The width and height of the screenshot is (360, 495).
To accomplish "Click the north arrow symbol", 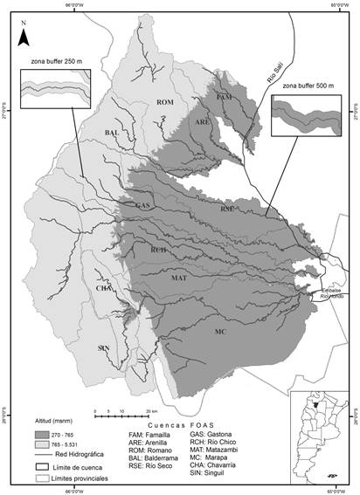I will (x=24, y=34).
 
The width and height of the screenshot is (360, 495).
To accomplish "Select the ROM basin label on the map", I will (x=165, y=104).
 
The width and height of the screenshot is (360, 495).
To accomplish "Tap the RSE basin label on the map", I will (x=226, y=210).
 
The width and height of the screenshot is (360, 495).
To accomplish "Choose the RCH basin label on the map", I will (x=158, y=251).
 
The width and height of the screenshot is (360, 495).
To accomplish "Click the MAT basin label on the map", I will (x=179, y=278).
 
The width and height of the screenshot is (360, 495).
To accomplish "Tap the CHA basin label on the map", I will (x=103, y=287).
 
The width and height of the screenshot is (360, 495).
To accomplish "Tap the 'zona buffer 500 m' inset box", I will (x=307, y=117).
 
